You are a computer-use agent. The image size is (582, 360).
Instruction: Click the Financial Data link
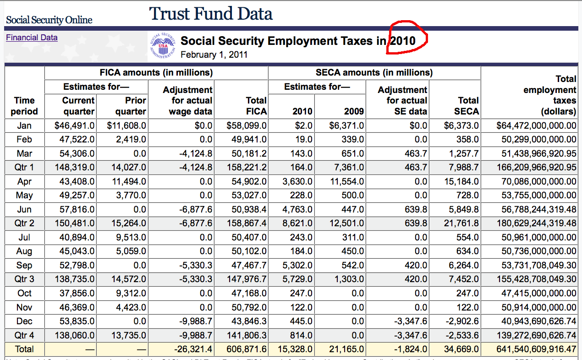coord(32,38)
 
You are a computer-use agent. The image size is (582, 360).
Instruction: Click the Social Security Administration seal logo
coord(164,47)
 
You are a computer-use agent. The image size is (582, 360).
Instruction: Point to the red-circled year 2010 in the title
coord(403,41)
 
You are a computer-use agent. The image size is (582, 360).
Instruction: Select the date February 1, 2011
coord(214,55)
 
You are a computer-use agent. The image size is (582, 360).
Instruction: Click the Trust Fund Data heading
coord(211,14)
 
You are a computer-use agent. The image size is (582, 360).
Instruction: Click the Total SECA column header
coord(468,105)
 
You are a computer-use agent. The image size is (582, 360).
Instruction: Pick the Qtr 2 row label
coord(24,224)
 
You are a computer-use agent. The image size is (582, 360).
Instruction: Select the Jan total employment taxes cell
coord(536,125)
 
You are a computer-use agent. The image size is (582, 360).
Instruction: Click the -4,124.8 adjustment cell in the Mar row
coord(196,153)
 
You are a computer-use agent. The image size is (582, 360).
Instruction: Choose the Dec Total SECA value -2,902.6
coord(461,321)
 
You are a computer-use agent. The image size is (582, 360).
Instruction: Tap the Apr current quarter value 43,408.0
coord(77,181)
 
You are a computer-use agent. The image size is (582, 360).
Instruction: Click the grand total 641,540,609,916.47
coord(536,349)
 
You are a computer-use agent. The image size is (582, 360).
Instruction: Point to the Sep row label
coord(24,265)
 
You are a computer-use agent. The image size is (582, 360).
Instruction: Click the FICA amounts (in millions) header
coord(156,72)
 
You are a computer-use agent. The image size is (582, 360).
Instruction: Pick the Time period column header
coord(24,105)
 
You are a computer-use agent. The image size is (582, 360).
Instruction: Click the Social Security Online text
coord(49,20)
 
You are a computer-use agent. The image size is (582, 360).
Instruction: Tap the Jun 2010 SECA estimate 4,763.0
coord(297,209)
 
